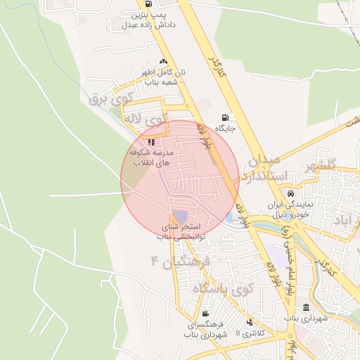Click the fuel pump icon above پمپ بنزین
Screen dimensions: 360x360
pos(147,4)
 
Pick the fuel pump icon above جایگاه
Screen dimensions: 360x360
pos(225,117)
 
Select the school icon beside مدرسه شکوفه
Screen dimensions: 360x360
pos(151,142)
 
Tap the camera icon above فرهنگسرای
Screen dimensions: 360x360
pos(205,314)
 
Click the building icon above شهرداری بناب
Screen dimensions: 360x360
pos(306,307)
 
